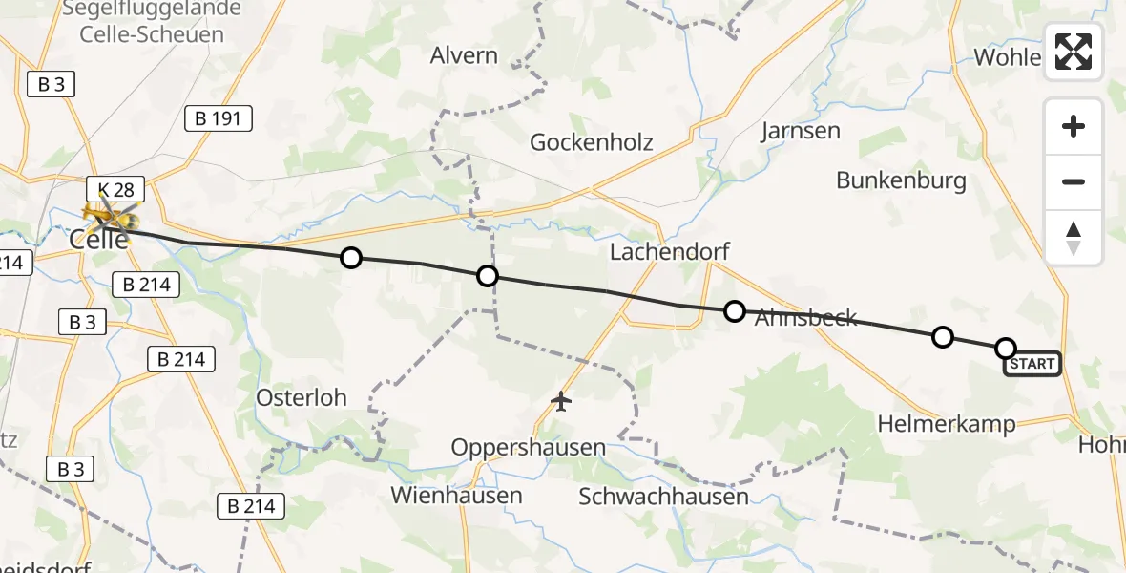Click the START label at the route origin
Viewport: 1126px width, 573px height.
pyautogui.click(x=1032, y=364)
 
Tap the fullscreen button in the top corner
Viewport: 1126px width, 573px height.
pyautogui.click(x=1074, y=52)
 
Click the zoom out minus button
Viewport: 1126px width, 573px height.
pyautogui.click(x=1074, y=181)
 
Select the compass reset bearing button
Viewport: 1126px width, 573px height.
pyautogui.click(x=1074, y=238)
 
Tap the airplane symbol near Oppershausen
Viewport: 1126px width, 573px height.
pyautogui.click(x=561, y=402)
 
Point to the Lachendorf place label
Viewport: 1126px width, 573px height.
pyautogui.click(x=669, y=252)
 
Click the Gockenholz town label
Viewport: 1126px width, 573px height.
pyautogui.click(x=592, y=142)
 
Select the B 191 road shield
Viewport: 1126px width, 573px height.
pyautogui.click(x=219, y=118)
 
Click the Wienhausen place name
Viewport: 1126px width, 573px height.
pyautogui.click(x=456, y=495)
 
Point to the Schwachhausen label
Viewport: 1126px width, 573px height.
pyautogui.click(x=663, y=496)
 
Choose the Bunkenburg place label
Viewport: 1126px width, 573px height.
pyautogui.click(x=901, y=180)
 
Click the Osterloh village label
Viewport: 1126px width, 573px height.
pyautogui.click(x=302, y=396)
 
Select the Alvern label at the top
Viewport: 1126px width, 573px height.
pyautogui.click(x=464, y=54)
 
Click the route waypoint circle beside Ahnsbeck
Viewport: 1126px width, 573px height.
pyautogui.click(x=734, y=310)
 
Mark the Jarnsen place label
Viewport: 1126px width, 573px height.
pyautogui.click(x=801, y=131)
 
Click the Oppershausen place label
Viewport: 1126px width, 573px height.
pyautogui.click(x=528, y=447)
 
